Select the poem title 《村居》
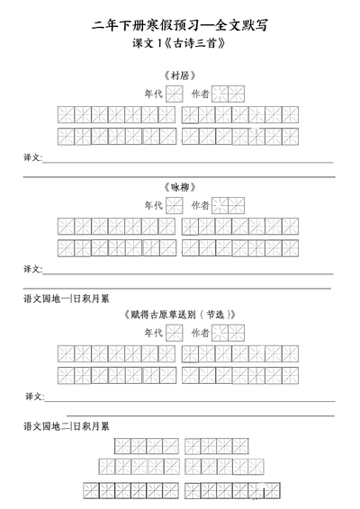(180, 76)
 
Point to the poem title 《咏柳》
(180, 187)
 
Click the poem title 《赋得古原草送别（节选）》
(180, 315)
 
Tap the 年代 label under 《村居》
(154, 94)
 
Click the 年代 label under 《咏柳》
(154, 205)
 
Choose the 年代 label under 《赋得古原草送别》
(154, 333)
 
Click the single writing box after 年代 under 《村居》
(175, 94)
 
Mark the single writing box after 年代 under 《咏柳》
(175, 205)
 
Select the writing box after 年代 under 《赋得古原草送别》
(175, 333)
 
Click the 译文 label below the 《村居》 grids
(32, 157)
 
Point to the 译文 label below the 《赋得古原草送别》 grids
(34, 397)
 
